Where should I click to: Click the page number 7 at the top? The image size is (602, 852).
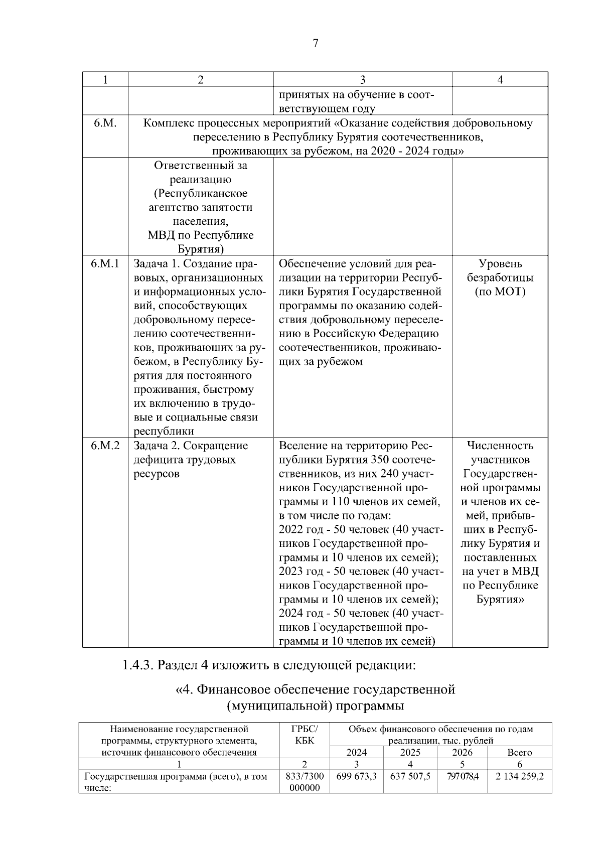pos(315,44)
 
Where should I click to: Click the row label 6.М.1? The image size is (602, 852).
pos(105,264)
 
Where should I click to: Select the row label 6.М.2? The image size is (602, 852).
pos(105,446)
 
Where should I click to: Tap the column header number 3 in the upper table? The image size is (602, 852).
pos(362,80)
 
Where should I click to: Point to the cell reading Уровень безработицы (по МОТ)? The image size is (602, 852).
pos(500,277)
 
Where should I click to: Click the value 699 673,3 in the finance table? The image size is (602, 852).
pos(357,776)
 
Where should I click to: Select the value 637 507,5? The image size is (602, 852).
pos(410,776)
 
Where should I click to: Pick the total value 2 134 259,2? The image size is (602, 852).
pos(519,776)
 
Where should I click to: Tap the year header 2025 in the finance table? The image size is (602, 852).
pos(410,753)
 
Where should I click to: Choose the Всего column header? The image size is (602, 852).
pos(519,753)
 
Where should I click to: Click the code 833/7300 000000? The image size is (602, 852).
pos(305,782)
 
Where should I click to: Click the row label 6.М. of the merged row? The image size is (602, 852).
pos(105,123)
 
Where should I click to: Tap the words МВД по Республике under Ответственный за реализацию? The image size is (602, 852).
pos(201,235)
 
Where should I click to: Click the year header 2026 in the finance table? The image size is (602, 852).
pos(462,753)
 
